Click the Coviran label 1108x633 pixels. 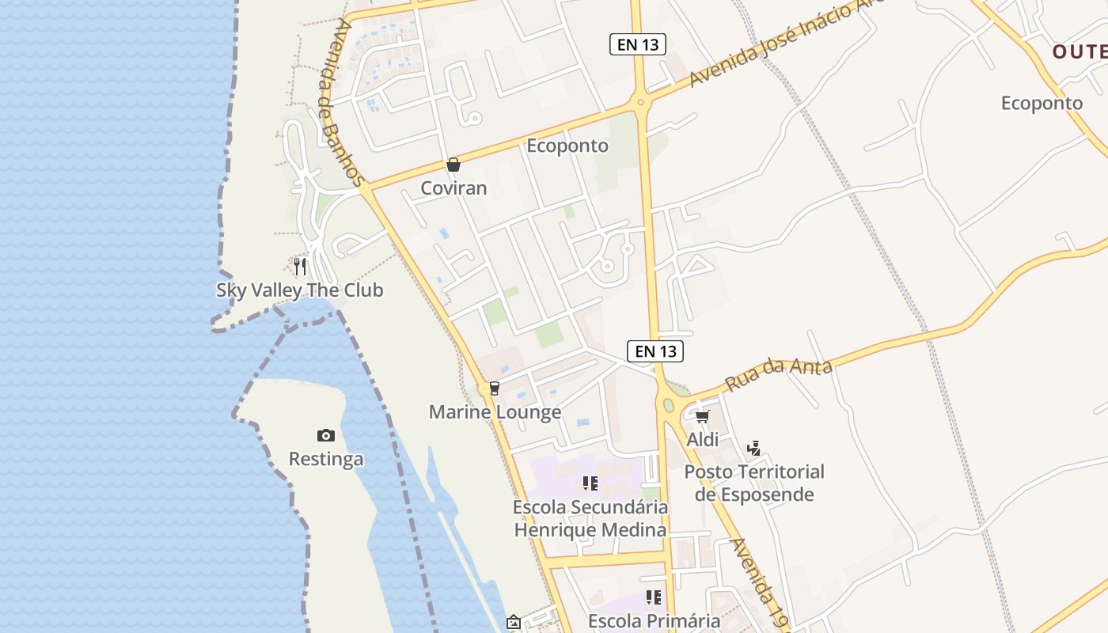click(453, 188)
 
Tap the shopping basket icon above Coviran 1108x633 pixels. click(453, 165)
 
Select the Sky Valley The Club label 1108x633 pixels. click(300, 290)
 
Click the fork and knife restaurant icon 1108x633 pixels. click(300, 266)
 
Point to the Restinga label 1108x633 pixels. click(326, 459)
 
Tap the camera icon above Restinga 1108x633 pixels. click(326, 435)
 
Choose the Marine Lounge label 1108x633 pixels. click(495, 412)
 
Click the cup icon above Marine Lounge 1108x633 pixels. click(495, 388)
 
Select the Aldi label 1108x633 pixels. click(703, 440)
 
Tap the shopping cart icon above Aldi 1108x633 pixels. click(703, 416)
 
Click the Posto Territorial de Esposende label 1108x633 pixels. click(754, 483)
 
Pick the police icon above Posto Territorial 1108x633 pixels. click(753, 449)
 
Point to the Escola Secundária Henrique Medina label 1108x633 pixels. click(590, 518)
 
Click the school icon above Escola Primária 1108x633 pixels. click(654, 597)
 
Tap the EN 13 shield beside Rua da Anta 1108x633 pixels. click(655, 351)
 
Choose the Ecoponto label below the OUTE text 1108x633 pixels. click(1042, 103)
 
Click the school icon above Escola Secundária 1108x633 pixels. click(590, 483)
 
